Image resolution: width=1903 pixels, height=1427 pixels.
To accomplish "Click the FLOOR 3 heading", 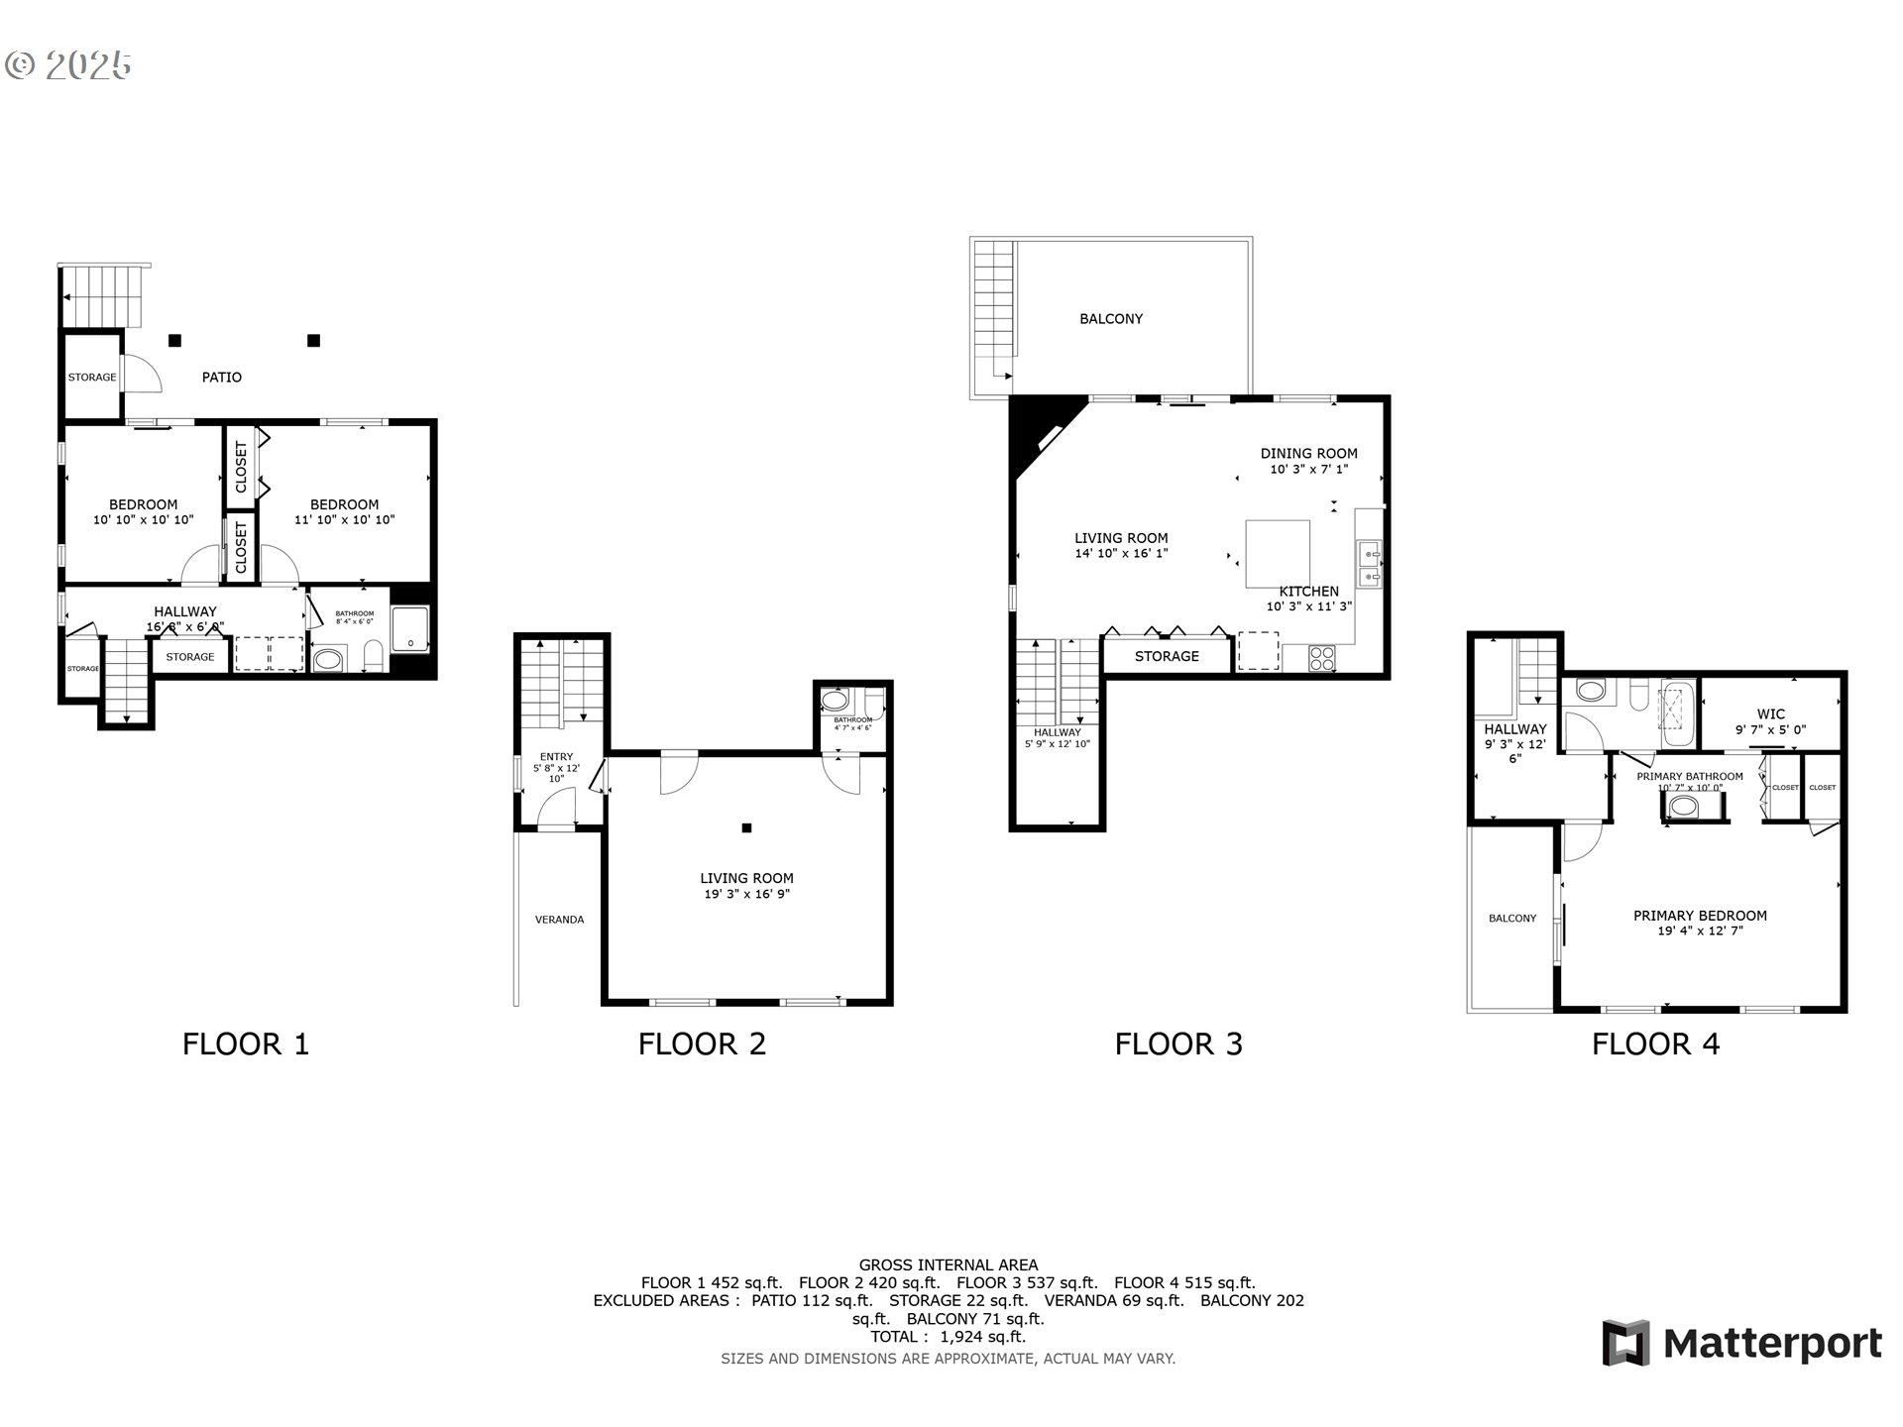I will pyautogui.click(x=1177, y=1043).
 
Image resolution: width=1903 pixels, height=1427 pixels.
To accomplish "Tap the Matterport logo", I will pyautogui.click(x=1741, y=1343).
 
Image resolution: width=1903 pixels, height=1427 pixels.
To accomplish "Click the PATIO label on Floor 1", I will pyautogui.click(x=221, y=377).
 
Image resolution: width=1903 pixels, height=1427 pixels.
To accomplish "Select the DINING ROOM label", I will pyautogui.click(x=1308, y=453).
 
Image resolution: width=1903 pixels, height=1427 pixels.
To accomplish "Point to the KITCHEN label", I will pyautogui.click(x=1308, y=591).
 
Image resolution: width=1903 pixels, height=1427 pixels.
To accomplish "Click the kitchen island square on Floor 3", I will pyautogui.click(x=1277, y=554).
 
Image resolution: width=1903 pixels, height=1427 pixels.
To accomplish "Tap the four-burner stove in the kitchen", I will pyautogui.click(x=1322, y=655).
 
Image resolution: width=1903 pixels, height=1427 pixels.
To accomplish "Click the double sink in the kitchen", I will pyautogui.click(x=1371, y=565).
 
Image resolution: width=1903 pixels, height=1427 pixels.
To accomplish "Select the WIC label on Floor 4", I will pyautogui.click(x=1770, y=713).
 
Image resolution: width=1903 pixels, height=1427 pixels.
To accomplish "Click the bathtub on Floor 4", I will pyautogui.click(x=1676, y=713).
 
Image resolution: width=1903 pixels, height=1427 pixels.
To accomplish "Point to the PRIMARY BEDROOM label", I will pyautogui.click(x=1700, y=916).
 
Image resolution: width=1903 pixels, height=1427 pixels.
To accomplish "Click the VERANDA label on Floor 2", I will pyautogui.click(x=559, y=920).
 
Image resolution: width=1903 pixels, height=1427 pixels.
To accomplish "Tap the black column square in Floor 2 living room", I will pyautogui.click(x=747, y=828).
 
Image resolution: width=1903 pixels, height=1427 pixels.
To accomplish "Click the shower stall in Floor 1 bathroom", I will pyautogui.click(x=410, y=630).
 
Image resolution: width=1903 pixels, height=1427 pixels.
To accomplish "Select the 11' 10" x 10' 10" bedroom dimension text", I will pyautogui.click(x=344, y=519).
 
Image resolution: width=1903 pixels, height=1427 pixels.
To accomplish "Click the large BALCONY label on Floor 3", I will pyautogui.click(x=1110, y=319).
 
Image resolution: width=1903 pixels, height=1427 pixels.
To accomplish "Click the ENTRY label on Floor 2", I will pyautogui.click(x=556, y=757).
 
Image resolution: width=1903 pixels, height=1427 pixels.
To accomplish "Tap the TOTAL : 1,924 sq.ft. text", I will pyautogui.click(x=948, y=1336).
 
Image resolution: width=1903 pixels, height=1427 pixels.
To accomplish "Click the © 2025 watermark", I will pyautogui.click(x=67, y=65).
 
